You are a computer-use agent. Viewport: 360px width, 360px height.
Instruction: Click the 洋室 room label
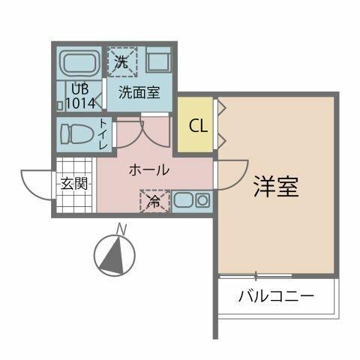(x=276, y=187)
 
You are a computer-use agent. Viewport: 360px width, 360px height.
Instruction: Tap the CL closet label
(x=197, y=125)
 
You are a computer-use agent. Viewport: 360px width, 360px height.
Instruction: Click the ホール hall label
(x=148, y=170)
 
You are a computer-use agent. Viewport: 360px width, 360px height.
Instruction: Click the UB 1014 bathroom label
(x=81, y=95)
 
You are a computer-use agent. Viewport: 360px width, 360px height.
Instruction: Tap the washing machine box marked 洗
(x=121, y=61)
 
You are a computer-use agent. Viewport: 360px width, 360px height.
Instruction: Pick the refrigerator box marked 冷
(x=154, y=201)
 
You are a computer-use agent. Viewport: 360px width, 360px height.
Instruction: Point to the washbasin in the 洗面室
(x=159, y=61)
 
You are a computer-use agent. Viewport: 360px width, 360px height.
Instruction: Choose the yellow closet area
(x=197, y=135)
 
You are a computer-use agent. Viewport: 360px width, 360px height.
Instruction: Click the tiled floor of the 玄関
(x=75, y=199)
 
